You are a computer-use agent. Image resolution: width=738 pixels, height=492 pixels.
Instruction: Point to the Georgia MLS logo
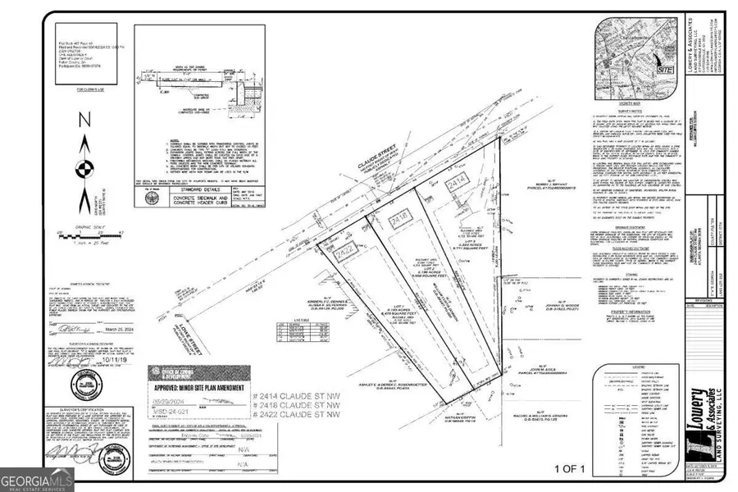37,476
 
